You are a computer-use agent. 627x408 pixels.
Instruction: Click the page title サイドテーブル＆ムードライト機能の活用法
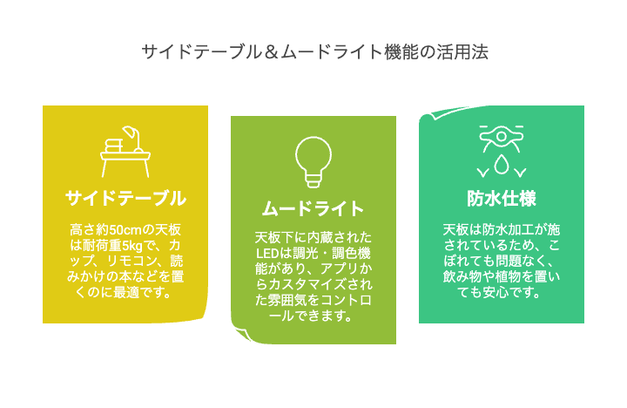pos(314,52)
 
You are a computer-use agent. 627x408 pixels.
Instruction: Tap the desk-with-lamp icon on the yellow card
pos(125,152)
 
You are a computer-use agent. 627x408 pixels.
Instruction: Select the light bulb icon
pos(313,162)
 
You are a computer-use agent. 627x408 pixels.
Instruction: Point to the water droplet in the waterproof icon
pos(502,165)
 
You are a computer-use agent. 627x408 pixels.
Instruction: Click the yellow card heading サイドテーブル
pos(125,198)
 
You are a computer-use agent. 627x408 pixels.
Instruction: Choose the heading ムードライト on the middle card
pos(313,208)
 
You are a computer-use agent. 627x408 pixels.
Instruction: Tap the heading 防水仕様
pos(502,198)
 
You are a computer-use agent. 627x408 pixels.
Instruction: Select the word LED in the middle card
pos(267,254)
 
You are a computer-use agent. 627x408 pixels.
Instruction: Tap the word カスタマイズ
pos(307,285)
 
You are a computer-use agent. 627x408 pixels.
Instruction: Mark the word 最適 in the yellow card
pos(125,293)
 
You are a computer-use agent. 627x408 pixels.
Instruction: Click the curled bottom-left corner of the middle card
pos(241,334)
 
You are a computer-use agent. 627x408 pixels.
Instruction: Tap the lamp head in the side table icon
pos(129,132)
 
